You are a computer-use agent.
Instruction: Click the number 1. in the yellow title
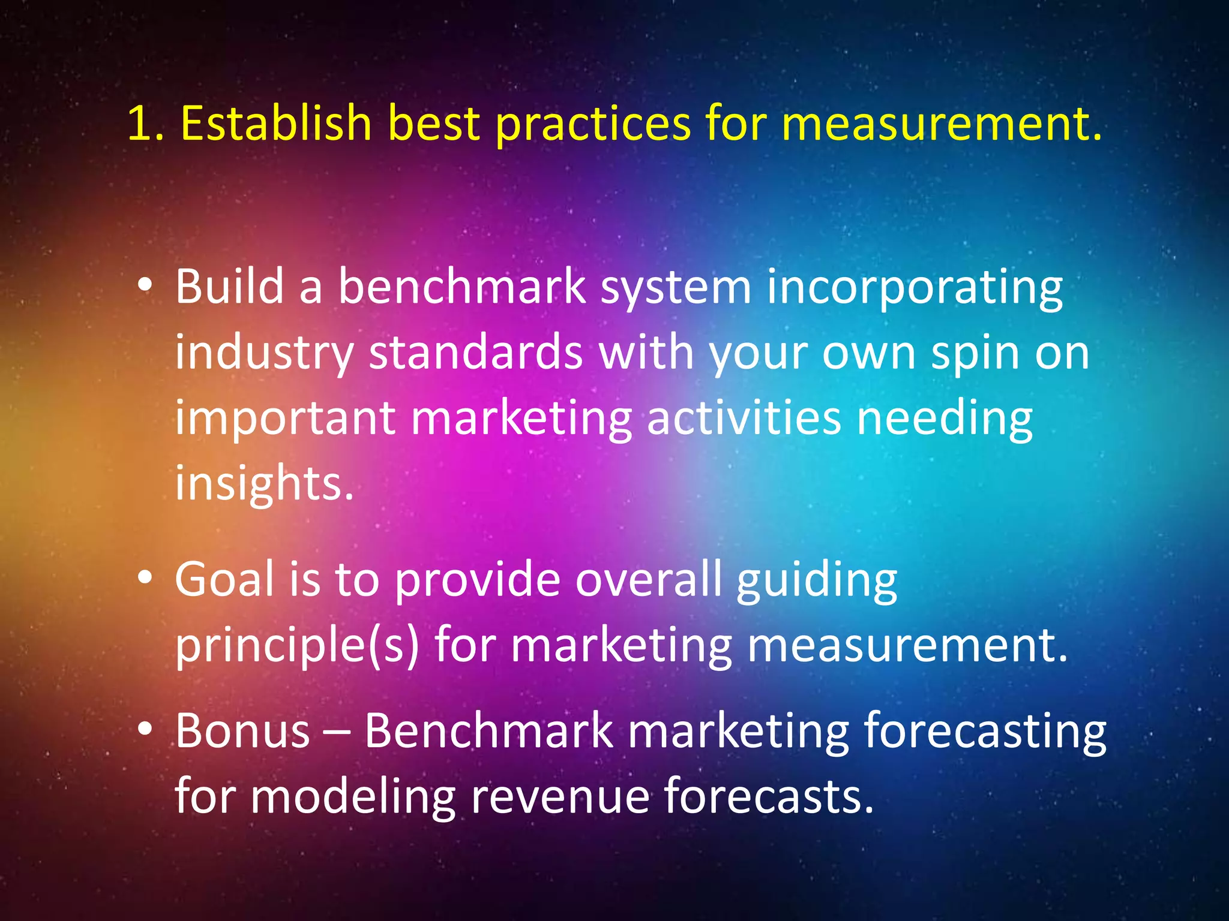pos(145,124)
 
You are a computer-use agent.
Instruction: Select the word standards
pos(475,352)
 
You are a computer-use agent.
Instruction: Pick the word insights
pos(264,484)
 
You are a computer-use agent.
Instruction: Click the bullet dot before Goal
pos(145,577)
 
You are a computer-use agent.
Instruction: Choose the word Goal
pos(224,579)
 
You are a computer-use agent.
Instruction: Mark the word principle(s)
pos(297,646)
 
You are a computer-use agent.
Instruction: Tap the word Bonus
pos(242,731)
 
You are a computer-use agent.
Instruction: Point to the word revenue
pos(560,797)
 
